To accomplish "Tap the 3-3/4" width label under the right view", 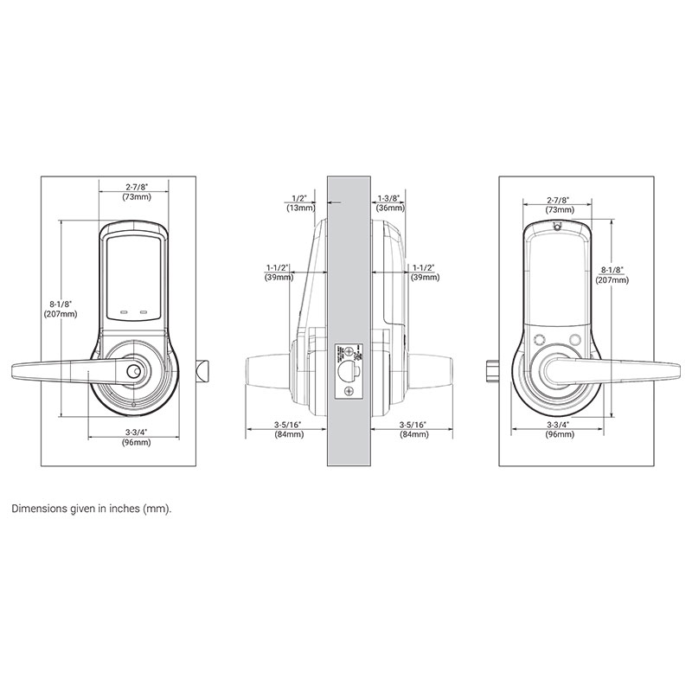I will [557, 431].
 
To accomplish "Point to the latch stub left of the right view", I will [491, 370].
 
